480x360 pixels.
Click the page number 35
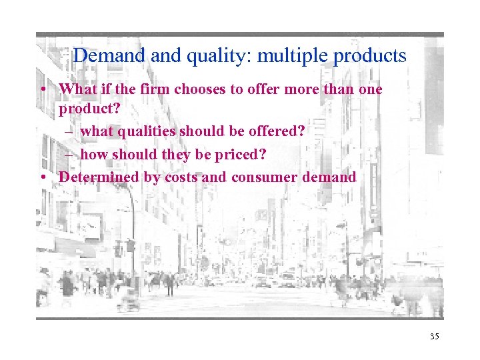coord(435,337)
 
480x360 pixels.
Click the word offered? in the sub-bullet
coord(273,131)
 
